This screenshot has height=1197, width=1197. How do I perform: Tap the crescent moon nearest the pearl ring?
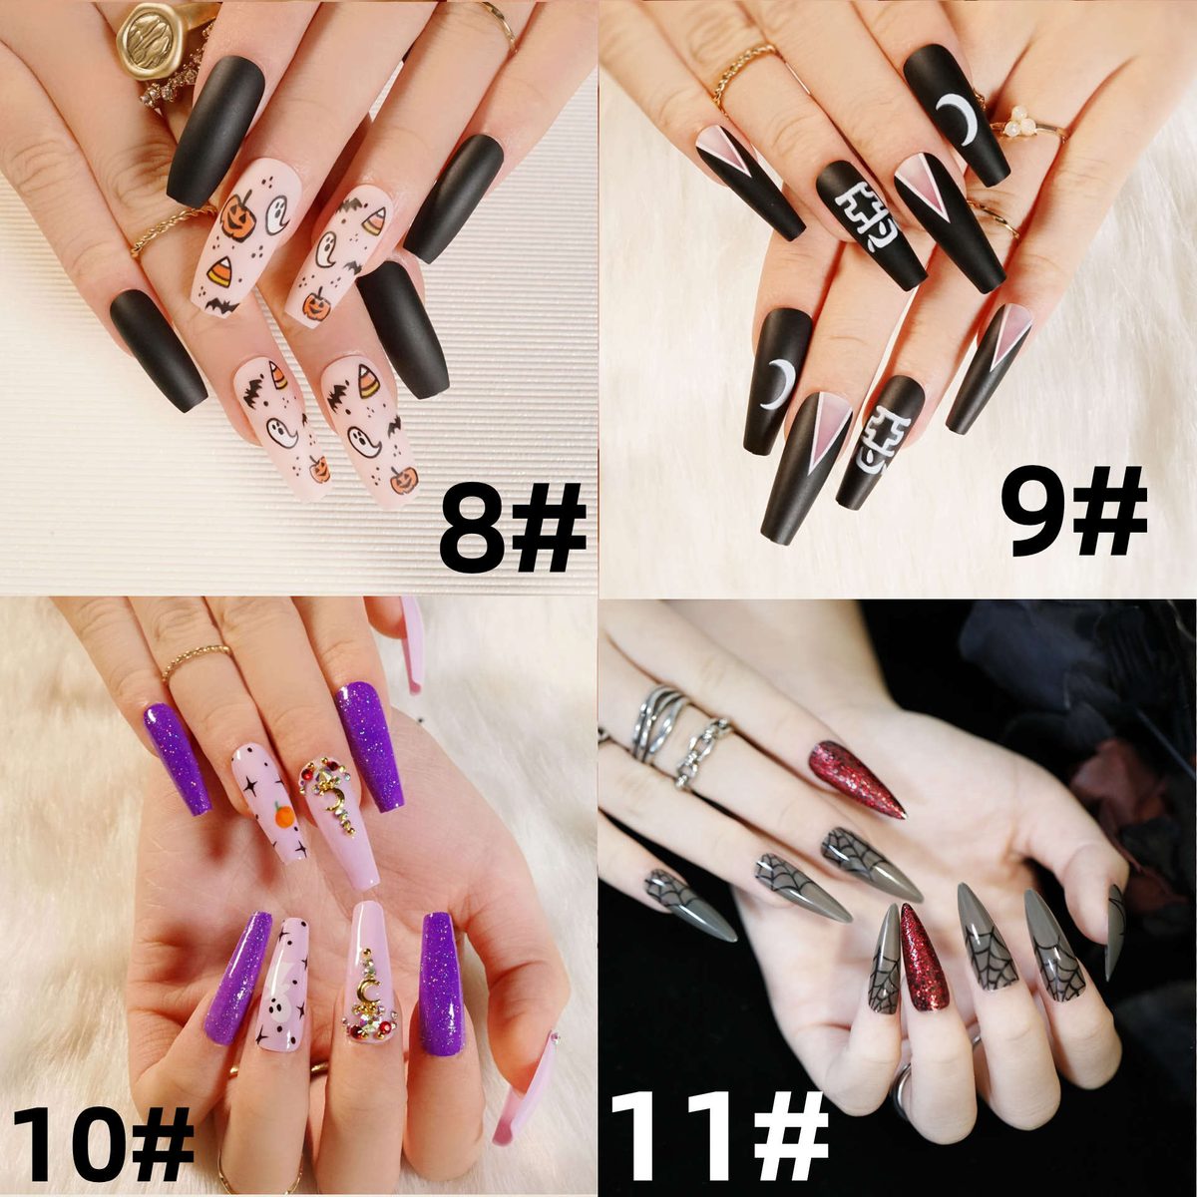pos(959,118)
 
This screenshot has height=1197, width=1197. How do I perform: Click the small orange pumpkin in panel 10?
pos(284,815)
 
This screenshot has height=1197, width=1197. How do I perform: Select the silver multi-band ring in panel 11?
pos(658,724)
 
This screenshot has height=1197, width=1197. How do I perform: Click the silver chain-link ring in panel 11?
pos(704,753)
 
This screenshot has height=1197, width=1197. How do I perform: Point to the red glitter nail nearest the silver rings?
pos(857,779)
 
